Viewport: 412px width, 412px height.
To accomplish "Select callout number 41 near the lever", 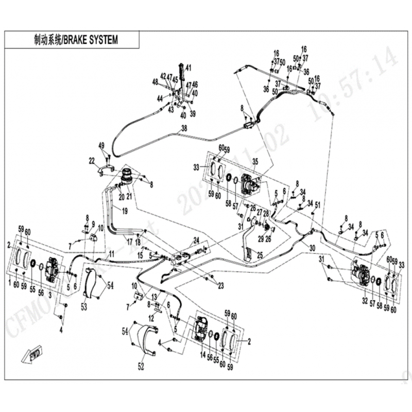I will click(188, 67).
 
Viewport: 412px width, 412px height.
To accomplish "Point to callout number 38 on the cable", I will click(184, 130).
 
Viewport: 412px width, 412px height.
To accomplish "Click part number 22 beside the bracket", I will click(92, 161).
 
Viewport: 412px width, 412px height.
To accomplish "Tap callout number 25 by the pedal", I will click(260, 254).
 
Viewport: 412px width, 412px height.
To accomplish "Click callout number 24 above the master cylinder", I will click(196, 239).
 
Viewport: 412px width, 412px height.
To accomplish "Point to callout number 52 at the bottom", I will click(141, 367).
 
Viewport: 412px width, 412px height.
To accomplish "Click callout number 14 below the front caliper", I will click(202, 355).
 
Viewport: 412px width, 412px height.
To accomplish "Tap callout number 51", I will click(318, 205).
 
